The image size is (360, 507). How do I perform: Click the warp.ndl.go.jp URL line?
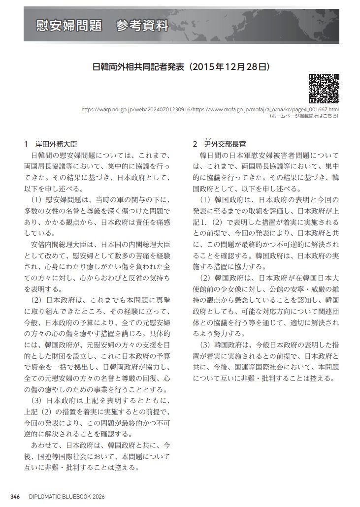click(x=210, y=109)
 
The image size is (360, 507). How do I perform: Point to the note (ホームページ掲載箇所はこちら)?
click(x=304, y=116)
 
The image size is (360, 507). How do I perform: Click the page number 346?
click(x=15, y=497)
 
